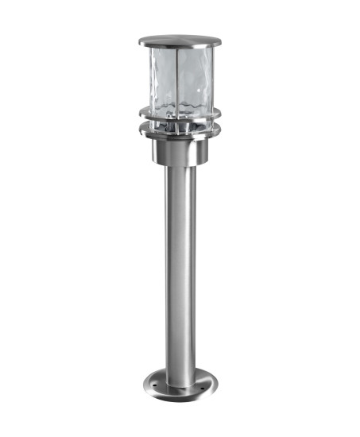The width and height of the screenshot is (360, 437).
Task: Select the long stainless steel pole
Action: (x=180, y=262)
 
